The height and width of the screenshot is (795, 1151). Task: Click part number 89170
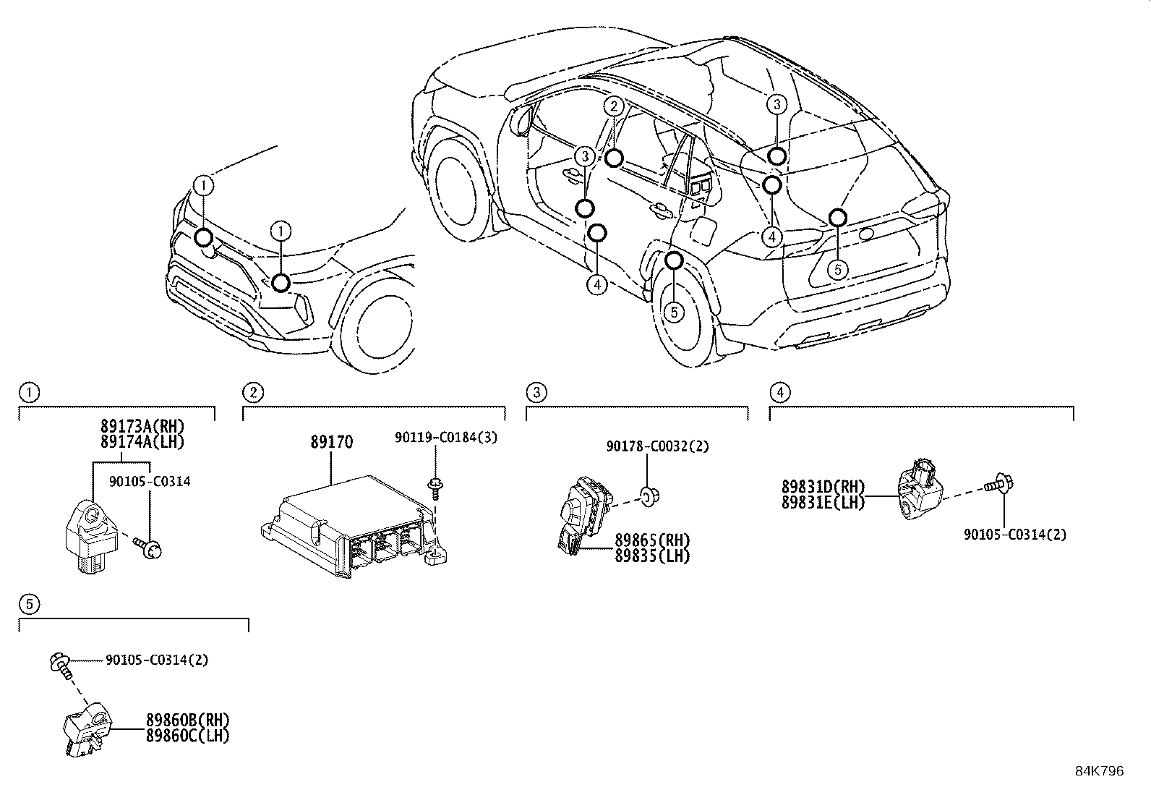pos(332,441)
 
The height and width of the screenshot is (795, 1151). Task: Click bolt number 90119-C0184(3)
pos(445,437)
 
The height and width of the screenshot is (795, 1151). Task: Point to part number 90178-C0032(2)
pos(657,446)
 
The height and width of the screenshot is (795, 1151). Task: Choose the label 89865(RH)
pos(652,540)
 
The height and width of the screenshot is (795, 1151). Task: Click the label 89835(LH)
pos(652,556)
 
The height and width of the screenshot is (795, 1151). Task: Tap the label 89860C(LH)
pos(187,736)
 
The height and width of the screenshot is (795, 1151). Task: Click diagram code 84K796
pos(1100,771)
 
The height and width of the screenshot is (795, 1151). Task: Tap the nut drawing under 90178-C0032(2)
pos(649,496)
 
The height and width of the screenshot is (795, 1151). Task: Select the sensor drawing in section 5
pos(87,730)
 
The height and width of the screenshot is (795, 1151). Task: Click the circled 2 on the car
pos(613,106)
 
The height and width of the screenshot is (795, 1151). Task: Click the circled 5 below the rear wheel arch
pos(673,312)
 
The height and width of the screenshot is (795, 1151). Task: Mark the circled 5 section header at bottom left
pos(27,603)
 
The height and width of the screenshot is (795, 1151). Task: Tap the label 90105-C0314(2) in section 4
pos(1014,535)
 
